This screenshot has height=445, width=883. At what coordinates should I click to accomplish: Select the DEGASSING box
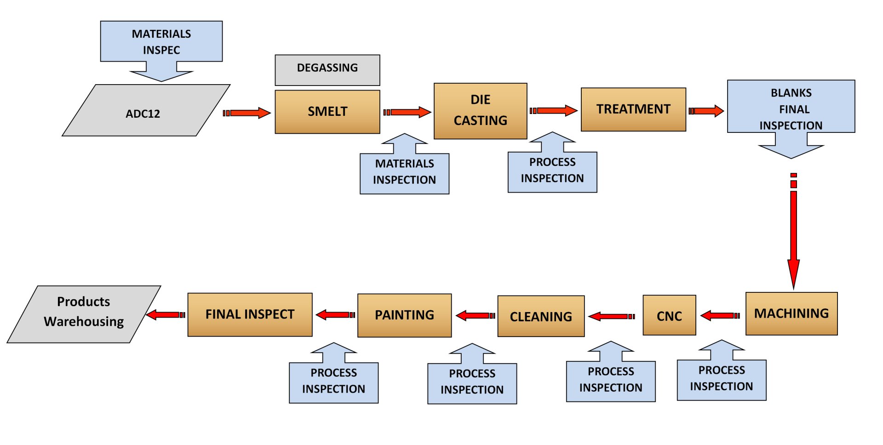pyautogui.click(x=327, y=70)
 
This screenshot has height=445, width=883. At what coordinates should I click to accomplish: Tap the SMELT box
pyautogui.click(x=327, y=112)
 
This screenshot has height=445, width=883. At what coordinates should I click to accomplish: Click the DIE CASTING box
pyautogui.click(x=480, y=111)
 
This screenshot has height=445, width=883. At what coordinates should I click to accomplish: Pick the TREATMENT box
pyautogui.click(x=633, y=109)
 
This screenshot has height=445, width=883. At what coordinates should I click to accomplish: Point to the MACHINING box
pyautogui.click(x=791, y=314)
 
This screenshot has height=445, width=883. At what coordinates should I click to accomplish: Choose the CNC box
pyautogui.click(x=669, y=315)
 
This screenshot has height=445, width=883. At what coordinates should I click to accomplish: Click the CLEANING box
pyautogui.click(x=541, y=316)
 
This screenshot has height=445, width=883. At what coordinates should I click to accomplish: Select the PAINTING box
pyautogui.click(x=404, y=315)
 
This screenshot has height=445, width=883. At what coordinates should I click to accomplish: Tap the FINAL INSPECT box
pyautogui.click(x=250, y=314)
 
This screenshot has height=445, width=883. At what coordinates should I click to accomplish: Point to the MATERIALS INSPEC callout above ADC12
pyautogui.click(x=161, y=42)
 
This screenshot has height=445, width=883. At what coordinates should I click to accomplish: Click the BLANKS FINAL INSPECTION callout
pyautogui.click(x=791, y=108)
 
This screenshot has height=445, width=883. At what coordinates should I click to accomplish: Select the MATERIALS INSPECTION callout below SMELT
pyautogui.click(x=404, y=172)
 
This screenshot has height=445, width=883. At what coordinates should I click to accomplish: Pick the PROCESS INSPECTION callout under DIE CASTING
pyautogui.click(x=552, y=171)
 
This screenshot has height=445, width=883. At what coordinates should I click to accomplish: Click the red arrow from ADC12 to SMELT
pyautogui.click(x=247, y=113)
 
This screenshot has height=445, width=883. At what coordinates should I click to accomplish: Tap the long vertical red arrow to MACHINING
pyautogui.click(x=793, y=230)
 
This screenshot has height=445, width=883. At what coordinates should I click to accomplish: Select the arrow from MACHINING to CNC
pyautogui.click(x=720, y=316)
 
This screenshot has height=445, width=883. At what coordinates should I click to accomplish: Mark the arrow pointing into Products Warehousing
pyautogui.click(x=166, y=315)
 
